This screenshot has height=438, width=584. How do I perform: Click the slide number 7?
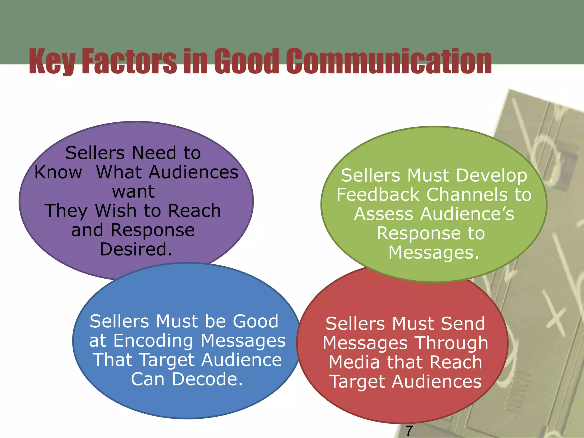point(409,430)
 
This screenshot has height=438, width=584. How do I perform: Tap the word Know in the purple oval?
point(58,172)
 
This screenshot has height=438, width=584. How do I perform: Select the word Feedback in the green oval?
point(378,195)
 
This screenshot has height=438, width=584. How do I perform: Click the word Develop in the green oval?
point(492,176)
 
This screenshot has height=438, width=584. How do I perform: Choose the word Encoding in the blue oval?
point(153,341)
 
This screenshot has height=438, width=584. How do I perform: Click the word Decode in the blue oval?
point(207,379)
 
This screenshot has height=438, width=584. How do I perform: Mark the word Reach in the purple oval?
point(194,211)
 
